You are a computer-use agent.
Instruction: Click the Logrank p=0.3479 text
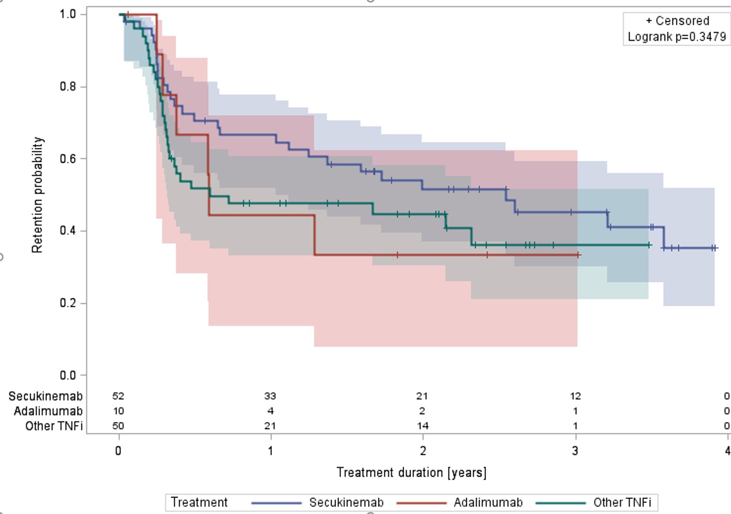(676, 36)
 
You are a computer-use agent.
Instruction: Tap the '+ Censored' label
(677, 21)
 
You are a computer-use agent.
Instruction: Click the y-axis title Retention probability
(37, 195)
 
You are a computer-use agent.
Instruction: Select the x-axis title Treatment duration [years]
(411, 473)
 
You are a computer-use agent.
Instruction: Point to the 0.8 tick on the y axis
(68, 86)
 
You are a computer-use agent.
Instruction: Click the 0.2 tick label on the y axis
(68, 303)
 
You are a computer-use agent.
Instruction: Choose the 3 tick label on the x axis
(575, 451)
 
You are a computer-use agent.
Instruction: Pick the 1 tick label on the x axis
(271, 451)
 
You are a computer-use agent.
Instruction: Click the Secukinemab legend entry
(346, 502)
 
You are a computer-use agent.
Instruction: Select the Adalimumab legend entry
(488, 502)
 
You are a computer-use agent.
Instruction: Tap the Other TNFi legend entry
(622, 502)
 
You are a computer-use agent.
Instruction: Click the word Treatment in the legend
(199, 502)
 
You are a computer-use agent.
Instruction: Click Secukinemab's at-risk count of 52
(118, 396)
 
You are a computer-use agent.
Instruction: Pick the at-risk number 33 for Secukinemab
(270, 396)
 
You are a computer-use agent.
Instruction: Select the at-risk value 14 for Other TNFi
(423, 426)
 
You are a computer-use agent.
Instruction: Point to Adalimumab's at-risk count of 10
(118, 411)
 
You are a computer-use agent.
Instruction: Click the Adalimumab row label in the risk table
(48, 411)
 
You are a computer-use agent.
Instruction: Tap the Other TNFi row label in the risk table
(54, 426)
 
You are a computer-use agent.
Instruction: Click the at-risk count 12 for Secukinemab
(575, 396)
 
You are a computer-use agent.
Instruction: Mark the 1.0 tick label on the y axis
(68, 14)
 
